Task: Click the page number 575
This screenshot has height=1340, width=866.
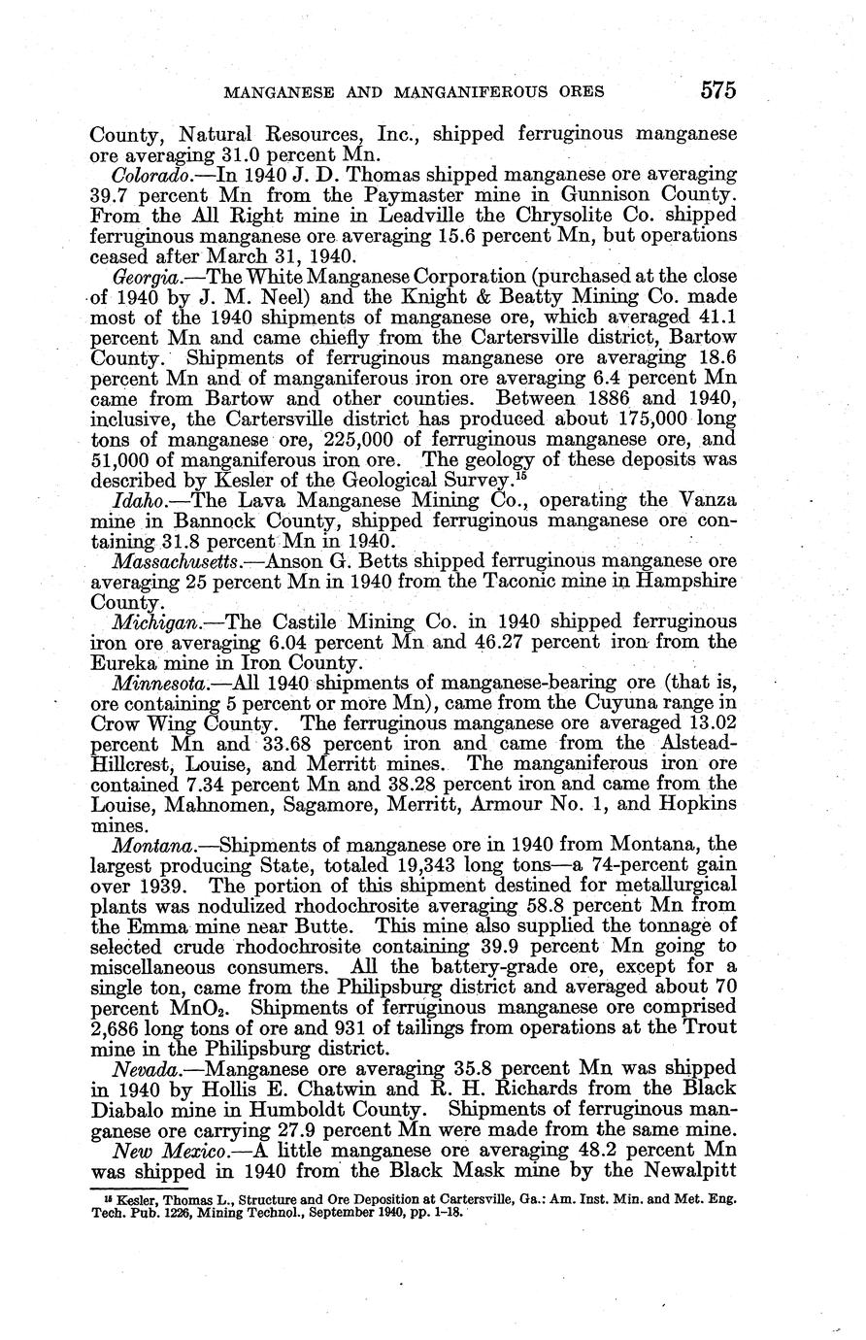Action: [716, 90]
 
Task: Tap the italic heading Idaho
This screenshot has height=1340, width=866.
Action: [136, 500]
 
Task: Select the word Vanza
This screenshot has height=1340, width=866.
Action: [706, 500]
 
